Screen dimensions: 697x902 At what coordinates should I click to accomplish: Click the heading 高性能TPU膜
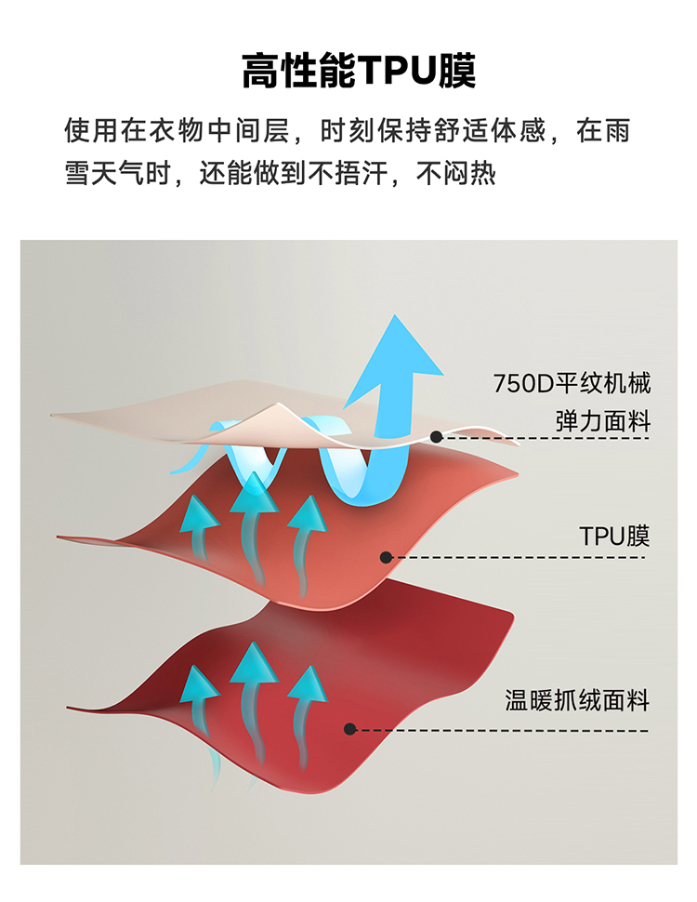pyautogui.click(x=359, y=71)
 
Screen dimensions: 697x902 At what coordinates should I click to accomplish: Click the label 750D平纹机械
pyautogui.click(x=572, y=383)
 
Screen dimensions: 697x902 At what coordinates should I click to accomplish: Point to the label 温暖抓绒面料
pyautogui.click(x=577, y=699)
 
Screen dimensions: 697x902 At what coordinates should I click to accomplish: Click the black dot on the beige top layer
pyautogui.click(x=436, y=436)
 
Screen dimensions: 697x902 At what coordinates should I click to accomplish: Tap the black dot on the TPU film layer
pyautogui.click(x=386, y=557)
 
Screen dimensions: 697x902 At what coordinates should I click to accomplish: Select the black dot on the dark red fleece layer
pyautogui.click(x=350, y=729)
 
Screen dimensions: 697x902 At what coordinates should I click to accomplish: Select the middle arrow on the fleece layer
pyautogui.click(x=251, y=662)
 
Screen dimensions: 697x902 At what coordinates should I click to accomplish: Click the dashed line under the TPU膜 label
pyautogui.click(x=520, y=557)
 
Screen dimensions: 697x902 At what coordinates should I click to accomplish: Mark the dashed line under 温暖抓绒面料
pyautogui.click(x=502, y=729)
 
